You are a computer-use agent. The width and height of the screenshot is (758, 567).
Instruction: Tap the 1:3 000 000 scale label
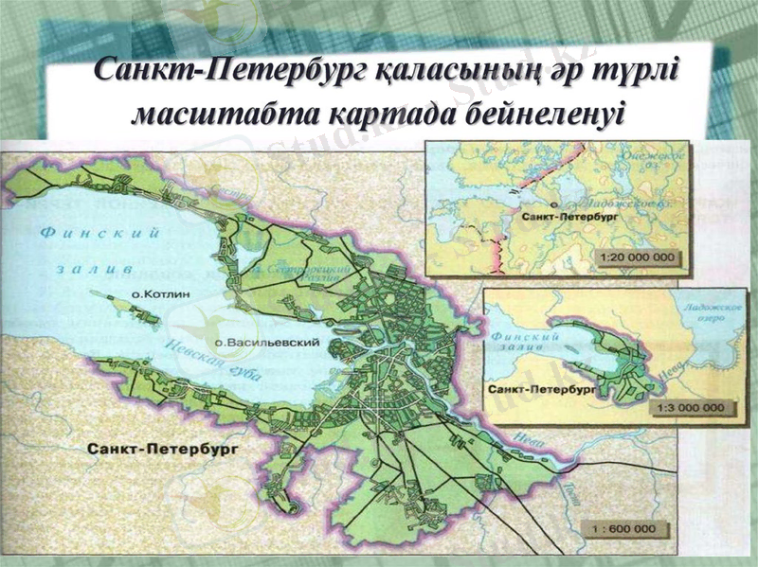point(689,407)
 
